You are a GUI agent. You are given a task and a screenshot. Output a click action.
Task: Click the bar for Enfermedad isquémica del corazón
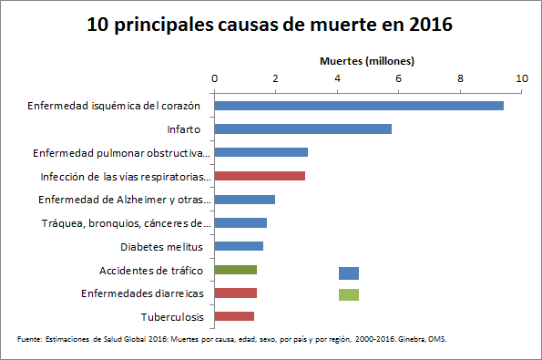359,106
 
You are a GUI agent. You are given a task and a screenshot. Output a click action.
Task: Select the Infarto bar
302,129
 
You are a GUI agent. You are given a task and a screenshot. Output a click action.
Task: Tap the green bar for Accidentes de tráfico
235,270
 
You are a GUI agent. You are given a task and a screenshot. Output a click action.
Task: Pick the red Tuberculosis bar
234,316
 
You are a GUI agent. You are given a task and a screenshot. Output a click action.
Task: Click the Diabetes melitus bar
239,246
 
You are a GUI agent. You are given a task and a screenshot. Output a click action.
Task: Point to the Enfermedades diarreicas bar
235,293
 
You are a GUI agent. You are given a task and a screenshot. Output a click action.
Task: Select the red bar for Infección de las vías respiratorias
260,176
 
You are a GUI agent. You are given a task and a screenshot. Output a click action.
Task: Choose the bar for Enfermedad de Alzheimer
245,200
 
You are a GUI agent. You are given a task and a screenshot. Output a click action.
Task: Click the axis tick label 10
522,79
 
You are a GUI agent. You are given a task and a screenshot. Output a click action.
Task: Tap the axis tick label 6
399,79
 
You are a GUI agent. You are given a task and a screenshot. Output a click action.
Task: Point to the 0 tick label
214,79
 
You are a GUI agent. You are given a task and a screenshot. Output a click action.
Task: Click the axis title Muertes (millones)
367,61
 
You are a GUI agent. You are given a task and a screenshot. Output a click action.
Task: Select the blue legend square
349,273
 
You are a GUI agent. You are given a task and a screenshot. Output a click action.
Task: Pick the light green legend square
349,294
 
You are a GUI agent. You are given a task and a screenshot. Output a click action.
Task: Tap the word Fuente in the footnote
29,339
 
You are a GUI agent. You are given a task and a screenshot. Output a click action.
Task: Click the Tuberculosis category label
172,317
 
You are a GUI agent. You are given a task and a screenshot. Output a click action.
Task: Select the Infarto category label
183,129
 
